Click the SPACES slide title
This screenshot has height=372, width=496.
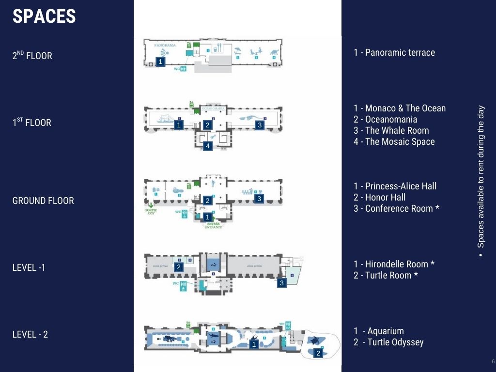point(44,16)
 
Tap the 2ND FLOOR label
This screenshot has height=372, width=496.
point(32,55)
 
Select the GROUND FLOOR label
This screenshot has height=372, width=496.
point(43,201)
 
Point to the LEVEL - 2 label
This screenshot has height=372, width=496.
point(30,334)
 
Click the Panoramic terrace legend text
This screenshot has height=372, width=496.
point(394,52)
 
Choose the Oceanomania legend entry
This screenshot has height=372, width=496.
point(385,119)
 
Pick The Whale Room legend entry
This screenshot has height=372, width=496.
point(391,130)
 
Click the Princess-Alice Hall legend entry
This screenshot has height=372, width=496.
point(395,186)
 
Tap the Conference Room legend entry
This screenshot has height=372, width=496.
point(396,208)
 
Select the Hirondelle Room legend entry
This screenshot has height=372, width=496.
point(394,264)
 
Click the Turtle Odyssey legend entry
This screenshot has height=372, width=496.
point(388,342)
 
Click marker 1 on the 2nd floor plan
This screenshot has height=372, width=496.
point(161,62)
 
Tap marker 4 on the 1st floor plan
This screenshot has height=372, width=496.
point(208,146)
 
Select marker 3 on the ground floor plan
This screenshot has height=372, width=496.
point(259,199)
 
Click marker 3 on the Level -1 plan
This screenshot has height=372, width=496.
point(282,283)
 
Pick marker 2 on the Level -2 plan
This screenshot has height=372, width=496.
point(318,354)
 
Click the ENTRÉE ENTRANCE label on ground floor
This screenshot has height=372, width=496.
point(213,225)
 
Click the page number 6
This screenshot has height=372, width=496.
point(493,362)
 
